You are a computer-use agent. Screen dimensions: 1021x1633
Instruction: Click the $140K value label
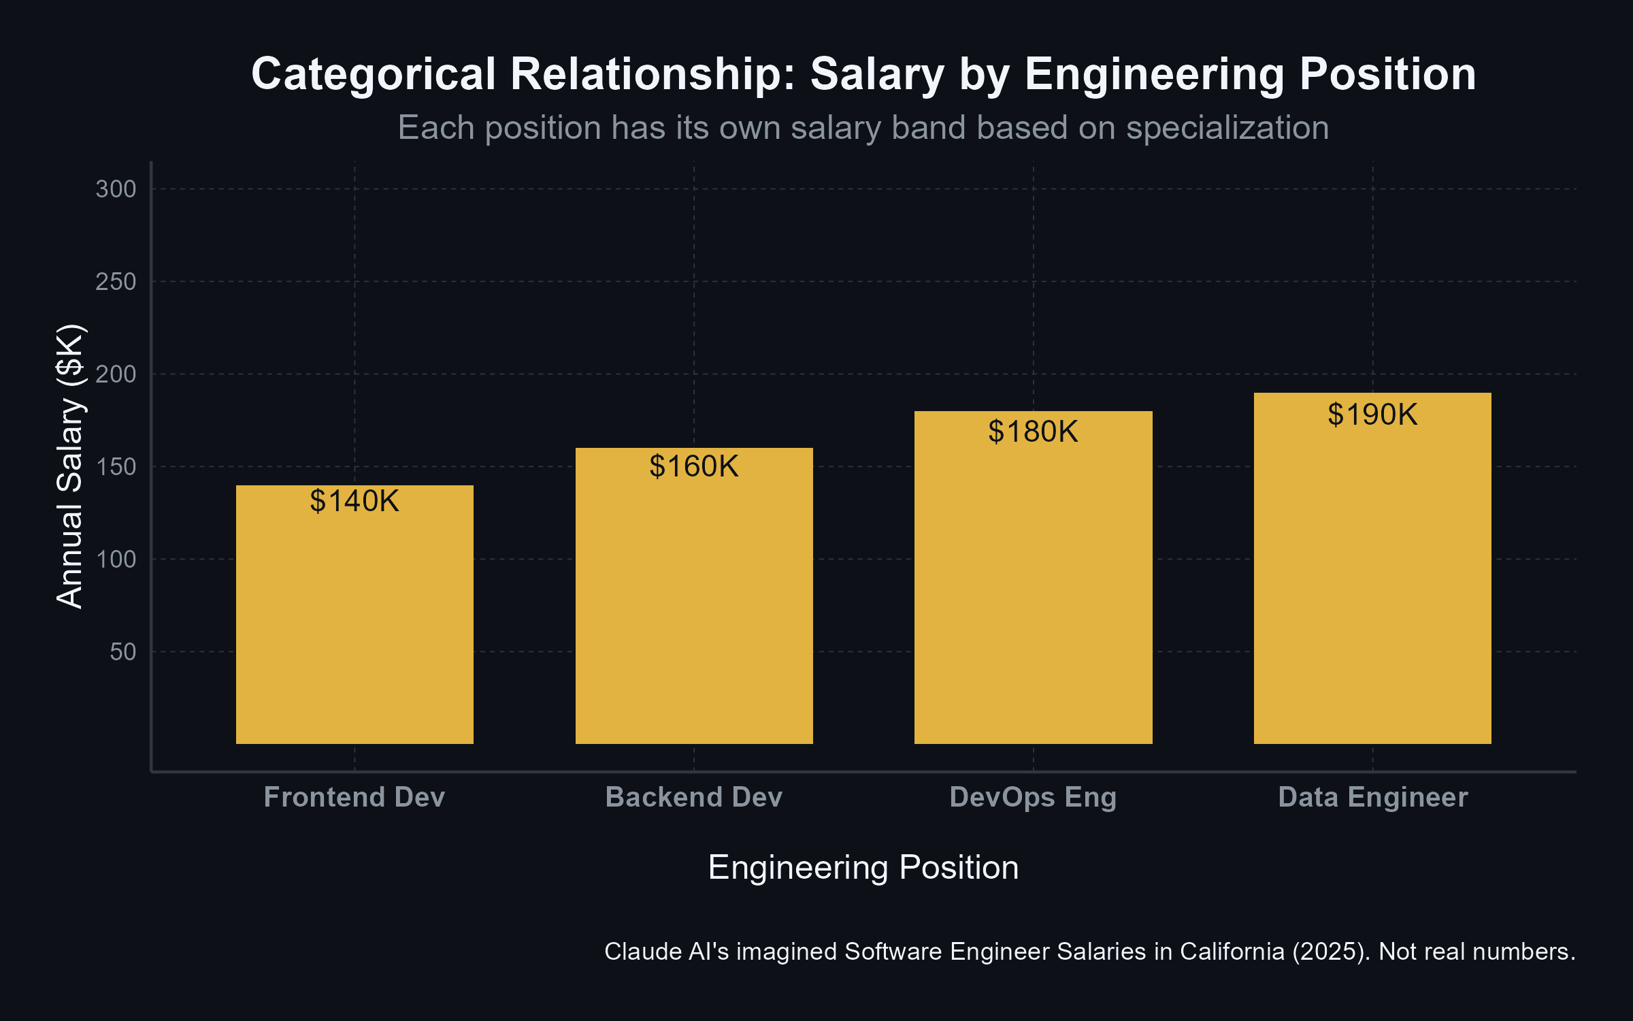coord(354,501)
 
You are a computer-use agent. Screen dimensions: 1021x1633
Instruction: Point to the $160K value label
coord(694,466)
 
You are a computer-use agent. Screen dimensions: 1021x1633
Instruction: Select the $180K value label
coord(1033,432)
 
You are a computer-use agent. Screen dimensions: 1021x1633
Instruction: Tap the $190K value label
coord(1372,415)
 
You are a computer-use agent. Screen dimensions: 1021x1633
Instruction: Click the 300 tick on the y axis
coord(116,189)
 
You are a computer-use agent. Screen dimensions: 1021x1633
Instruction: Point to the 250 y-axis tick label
coord(116,282)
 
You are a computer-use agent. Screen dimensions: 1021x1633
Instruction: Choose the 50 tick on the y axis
coord(122,652)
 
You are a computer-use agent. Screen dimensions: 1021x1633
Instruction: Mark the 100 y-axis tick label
coord(116,560)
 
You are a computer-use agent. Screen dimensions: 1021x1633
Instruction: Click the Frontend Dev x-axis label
coord(354,797)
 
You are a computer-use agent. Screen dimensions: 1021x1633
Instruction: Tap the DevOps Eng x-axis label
coord(1033,797)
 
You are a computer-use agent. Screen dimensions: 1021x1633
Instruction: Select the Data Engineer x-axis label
coord(1372,797)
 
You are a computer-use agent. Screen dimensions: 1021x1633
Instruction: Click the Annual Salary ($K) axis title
coord(69,466)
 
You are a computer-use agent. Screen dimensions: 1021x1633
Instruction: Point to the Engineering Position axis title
coord(863,867)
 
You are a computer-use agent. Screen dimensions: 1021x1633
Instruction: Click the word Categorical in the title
coord(374,74)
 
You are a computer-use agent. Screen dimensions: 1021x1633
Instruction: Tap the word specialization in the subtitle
coord(1227,128)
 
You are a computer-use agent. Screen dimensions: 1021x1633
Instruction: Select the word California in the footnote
coord(1232,952)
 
